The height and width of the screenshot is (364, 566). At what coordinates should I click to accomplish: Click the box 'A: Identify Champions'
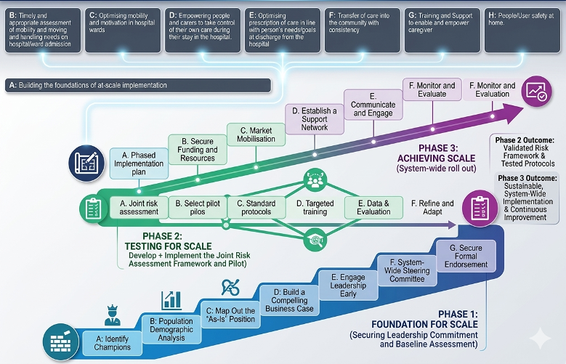[113, 341]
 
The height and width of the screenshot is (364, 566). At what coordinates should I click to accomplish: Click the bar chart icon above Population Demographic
[172, 299]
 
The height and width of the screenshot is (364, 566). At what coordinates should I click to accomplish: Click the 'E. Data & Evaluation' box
[373, 208]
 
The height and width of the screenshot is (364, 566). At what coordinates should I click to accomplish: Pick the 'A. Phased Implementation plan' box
[138, 163]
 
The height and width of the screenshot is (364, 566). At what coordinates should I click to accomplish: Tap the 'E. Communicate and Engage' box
[372, 104]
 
